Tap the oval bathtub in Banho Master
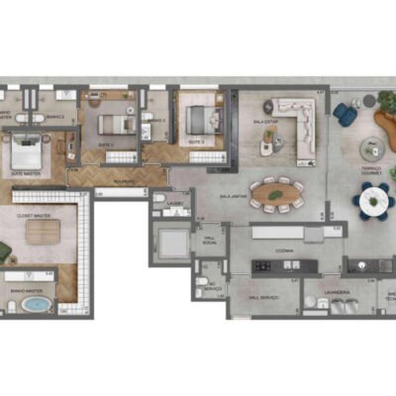(x=36, y=302)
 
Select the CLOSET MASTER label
(x=33, y=213)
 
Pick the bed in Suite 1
(x=115, y=125)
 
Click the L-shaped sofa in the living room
(x=294, y=117)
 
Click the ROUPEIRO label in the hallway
(x=124, y=180)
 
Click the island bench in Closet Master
(x=43, y=232)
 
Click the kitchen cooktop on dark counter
(x=264, y=265)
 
